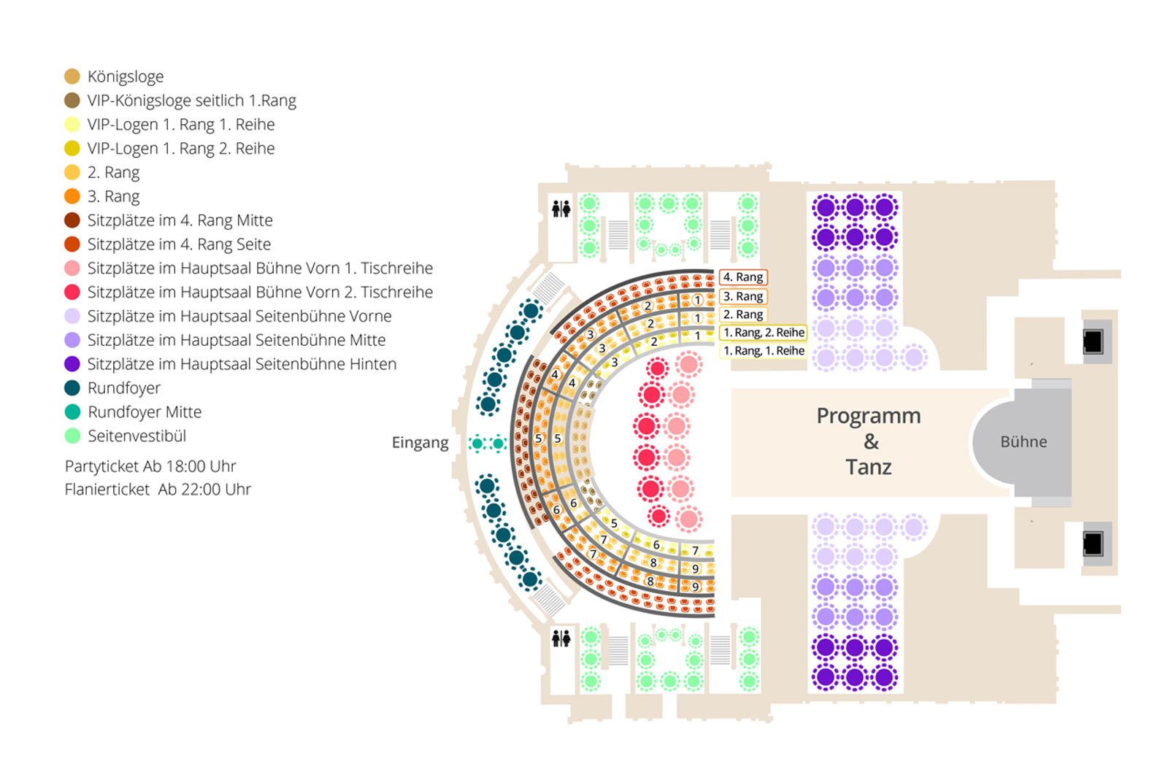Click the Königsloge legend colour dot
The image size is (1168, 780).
click(x=72, y=77)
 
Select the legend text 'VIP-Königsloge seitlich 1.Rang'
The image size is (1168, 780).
click(x=191, y=101)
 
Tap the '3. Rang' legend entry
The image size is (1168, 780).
click(x=113, y=196)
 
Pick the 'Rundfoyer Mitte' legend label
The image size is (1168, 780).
click(x=145, y=412)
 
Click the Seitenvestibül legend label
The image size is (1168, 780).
click(x=137, y=436)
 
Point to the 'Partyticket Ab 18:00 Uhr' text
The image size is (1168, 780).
click(x=150, y=466)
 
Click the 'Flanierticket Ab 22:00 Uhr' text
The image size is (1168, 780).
click(x=158, y=490)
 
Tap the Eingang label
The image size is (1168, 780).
click(x=420, y=443)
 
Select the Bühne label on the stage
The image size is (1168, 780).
click(x=1023, y=441)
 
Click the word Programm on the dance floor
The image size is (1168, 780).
click(x=869, y=416)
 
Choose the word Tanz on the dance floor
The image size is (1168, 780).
click(x=869, y=467)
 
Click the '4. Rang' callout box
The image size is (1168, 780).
click(x=743, y=277)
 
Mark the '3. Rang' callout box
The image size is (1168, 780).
click(x=743, y=296)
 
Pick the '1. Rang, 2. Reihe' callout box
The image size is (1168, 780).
click(x=764, y=333)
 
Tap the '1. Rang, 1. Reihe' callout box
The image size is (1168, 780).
click(x=764, y=351)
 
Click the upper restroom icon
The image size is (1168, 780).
click(x=561, y=209)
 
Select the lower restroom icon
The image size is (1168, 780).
click(x=561, y=639)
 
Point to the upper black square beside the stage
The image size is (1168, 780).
click(x=1093, y=341)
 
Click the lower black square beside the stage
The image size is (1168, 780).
click(x=1093, y=544)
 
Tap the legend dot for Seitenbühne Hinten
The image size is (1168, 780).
click(x=72, y=364)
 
